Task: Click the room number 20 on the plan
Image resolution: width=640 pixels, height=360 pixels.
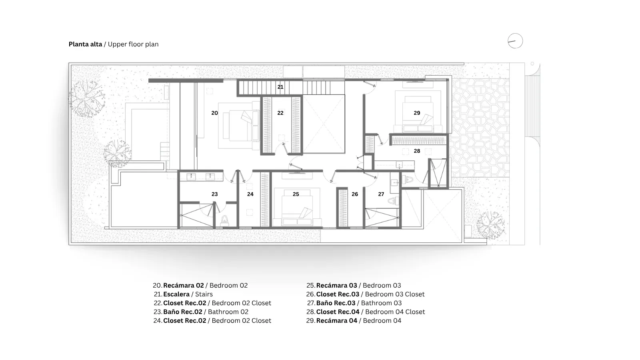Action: pyautogui.click(x=214, y=113)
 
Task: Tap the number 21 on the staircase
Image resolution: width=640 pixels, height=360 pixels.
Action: pyautogui.click(x=280, y=87)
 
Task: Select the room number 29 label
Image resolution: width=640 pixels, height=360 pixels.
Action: pyautogui.click(x=417, y=113)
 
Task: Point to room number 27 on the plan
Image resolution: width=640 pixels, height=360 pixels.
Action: pyautogui.click(x=381, y=194)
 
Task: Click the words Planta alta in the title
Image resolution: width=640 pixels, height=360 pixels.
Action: pyautogui.click(x=85, y=44)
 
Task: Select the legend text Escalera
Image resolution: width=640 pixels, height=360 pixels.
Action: pyautogui.click(x=176, y=294)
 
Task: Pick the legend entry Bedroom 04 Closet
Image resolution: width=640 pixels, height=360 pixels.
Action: pyautogui.click(x=395, y=312)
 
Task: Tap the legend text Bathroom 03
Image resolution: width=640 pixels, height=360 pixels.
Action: pyautogui.click(x=382, y=303)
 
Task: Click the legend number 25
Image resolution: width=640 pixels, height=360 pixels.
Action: pyautogui.click(x=310, y=286)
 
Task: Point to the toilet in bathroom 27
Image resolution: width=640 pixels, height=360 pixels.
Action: pyautogui.click(x=394, y=200)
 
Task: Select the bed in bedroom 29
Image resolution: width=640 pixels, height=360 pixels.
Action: pyautogui.click(x=418, y=114)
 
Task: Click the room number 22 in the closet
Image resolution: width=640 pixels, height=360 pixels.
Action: pyautogui.click(x=280, y=113)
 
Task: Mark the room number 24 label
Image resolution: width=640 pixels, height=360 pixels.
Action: pyautogui.click(x=250, y=194)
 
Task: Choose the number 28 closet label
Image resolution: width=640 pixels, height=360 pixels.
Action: pyautogui.click(x=417, y=151)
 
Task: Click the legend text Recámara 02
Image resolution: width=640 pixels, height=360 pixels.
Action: pyautogui.click(x=184, y=286)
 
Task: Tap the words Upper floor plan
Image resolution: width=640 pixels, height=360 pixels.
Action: pyautogui.click(x=133, y=44)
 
